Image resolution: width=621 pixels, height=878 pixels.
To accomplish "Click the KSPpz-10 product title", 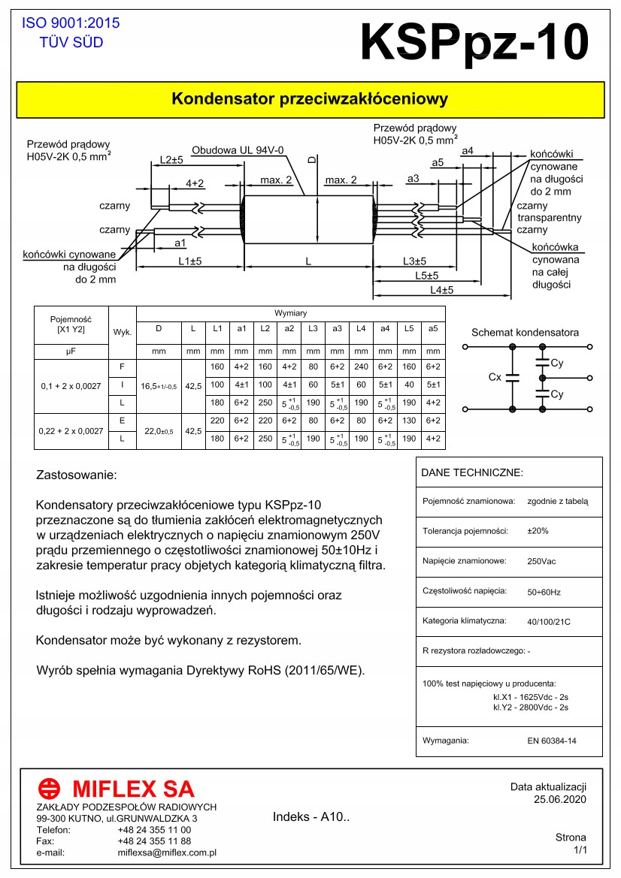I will [x=474, y=42].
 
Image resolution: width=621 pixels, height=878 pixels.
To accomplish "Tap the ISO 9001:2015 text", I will [x=71, y=23].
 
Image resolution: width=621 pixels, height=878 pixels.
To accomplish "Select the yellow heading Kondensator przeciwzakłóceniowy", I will [x=310, y=99].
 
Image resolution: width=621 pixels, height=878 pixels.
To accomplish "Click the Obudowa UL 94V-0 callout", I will [x=238, y=150].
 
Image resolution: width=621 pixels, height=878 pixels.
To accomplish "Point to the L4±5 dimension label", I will [x=441, y=290].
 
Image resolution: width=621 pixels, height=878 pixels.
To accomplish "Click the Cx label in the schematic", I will [x=495, y=377].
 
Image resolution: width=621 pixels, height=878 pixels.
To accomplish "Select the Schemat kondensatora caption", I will [x=525, y=333].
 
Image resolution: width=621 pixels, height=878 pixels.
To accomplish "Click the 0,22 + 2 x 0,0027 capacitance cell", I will [x=71, y=430].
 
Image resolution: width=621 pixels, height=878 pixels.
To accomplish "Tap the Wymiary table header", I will [x=290, y=312].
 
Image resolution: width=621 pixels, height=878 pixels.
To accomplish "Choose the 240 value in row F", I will [x=361, y=367].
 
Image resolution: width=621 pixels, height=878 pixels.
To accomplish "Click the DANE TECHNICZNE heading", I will [x=471, y=473].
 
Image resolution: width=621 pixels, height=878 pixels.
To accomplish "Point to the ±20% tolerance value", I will [x=538, y=531].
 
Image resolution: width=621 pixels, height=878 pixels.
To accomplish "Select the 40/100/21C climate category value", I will [x=549, y=621].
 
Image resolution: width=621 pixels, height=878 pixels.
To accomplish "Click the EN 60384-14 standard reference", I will [x=552, y=741].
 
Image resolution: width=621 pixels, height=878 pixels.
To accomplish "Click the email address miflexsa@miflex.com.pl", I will [x=167, y=852].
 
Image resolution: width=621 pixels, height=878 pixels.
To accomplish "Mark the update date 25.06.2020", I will [x=559, y=798].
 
